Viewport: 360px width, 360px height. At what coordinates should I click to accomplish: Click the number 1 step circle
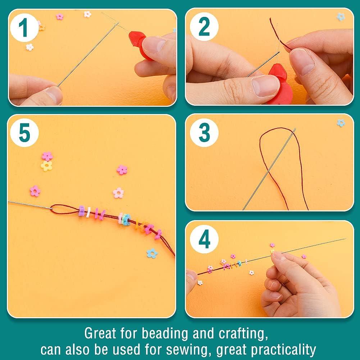coord(24,28)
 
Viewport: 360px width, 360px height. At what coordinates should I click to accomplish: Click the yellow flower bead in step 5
coord(46,166)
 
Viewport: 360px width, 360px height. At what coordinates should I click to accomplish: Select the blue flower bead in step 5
coord(152,253)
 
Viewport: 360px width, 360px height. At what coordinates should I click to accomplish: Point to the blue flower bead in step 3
coord(341,123)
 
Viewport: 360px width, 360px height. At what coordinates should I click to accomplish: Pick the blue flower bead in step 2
coord(341,17)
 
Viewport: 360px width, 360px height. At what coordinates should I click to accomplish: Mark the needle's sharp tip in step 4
coord(345,239)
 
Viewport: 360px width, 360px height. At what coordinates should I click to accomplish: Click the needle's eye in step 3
coord(294,130)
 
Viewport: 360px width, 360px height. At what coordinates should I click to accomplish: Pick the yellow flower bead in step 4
coord(272,251)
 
